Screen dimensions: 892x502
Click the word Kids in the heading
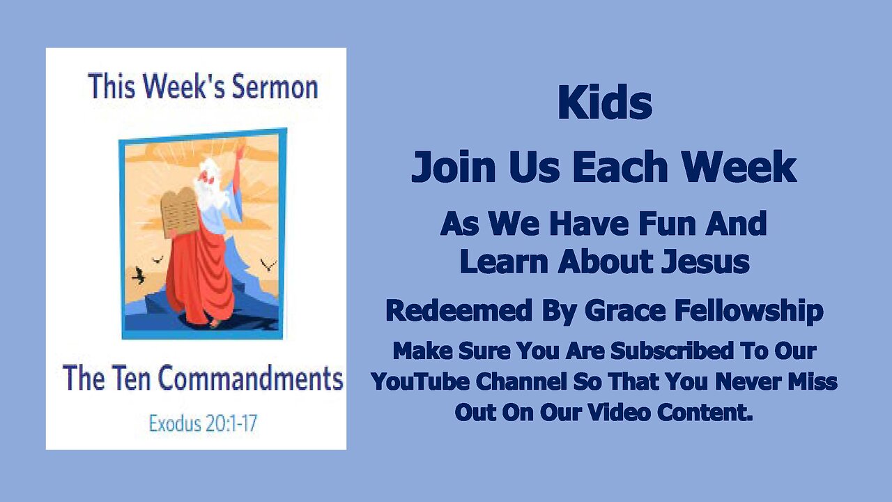tap(604, 102)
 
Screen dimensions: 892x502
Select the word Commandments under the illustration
tap(250, 378)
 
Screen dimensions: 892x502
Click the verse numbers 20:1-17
tap(230, 423)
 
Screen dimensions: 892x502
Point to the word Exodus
tap(174, 423)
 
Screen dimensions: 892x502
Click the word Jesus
tap(706, 261)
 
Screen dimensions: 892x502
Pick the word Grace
tap(625, 311)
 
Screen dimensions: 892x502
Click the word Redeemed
tap(459, 311)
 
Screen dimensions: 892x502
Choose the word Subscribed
tap(672, 351)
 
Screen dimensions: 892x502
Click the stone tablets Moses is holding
tap(178, 213)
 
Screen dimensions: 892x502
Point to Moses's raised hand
tap(240, 153)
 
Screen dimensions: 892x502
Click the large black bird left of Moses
tap(138, 275)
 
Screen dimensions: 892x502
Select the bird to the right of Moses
tap(268, 264)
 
